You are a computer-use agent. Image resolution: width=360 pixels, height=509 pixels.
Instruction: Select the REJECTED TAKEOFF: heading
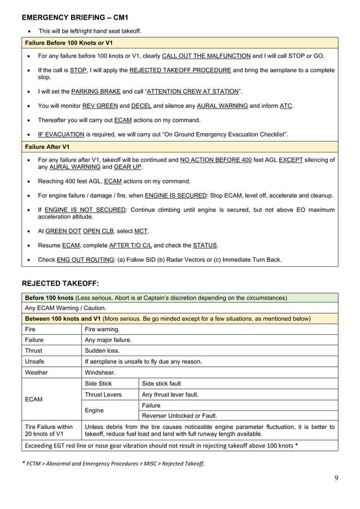pyautogui.click(x=61, y=283)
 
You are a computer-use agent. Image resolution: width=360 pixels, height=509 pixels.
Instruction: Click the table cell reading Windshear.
pyautogui.click(x=100, y=372)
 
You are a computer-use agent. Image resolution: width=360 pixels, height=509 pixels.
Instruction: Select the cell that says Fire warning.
pyautogui.click(x=102, y=328)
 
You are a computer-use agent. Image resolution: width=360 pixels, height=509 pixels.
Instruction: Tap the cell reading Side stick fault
pyautogui.click(x=161, y=384)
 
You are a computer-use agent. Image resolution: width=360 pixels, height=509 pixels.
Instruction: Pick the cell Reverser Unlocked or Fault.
pyautogui.click(x=179, y=416)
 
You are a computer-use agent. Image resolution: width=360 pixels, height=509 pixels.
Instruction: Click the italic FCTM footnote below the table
pyautogui.click(x=113, y=463)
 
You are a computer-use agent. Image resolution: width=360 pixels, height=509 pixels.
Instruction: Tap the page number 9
pyautogui.click(x=336, y=479)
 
